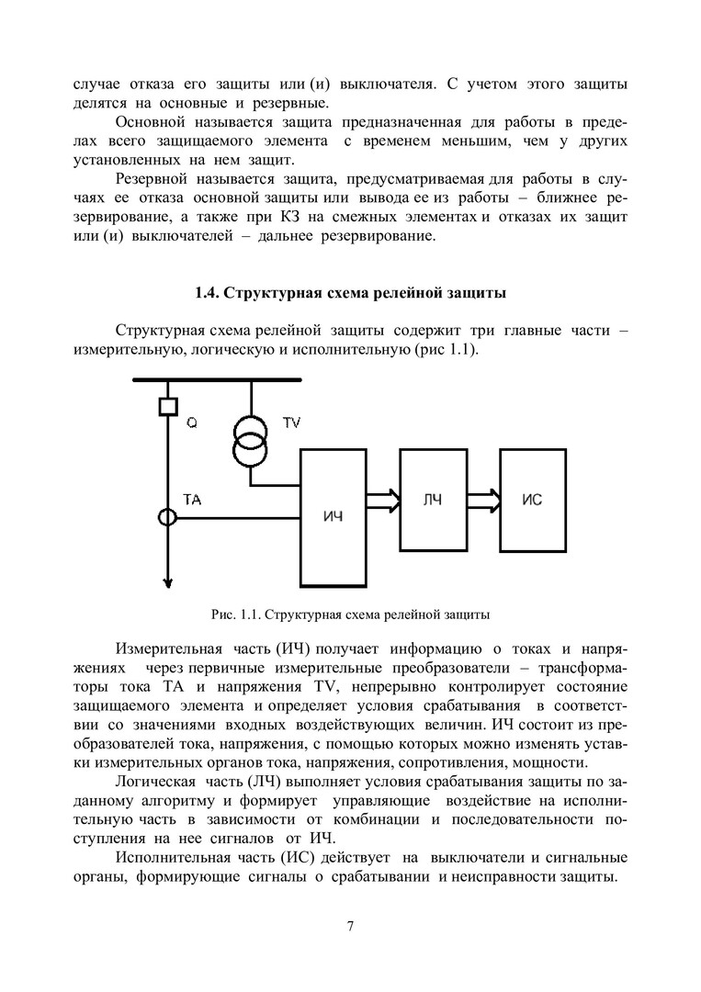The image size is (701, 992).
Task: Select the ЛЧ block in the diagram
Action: [x=433, y=499]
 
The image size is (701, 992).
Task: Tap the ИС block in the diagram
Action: [x=533, y=499]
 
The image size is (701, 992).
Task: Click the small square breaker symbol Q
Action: [x=166, y=404]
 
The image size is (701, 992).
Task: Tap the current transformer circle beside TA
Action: [x=166, y=518]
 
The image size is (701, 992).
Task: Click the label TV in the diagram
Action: [x=291, y=423]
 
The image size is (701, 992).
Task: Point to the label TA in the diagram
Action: [x=193, y=500]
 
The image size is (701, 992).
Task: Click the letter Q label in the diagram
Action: [x=191, y=423]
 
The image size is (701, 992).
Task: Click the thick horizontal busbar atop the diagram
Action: [x=218, y=379]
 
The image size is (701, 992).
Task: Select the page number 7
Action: [x=350, y=925]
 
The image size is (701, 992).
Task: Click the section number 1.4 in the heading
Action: [x=207, y=294]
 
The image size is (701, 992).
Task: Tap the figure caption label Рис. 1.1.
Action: [x=238, y=612]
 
